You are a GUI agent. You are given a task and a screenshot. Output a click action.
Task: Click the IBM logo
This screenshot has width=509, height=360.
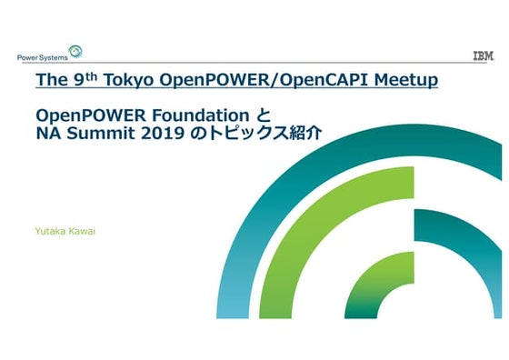484,55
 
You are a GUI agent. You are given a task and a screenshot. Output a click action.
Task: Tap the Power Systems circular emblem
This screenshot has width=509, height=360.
75,52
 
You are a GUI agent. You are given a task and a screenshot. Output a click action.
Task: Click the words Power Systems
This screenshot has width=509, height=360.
43,58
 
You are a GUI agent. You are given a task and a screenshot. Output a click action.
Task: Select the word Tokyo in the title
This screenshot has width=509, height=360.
128,80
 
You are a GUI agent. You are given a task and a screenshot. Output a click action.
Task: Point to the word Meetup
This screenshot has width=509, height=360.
405,80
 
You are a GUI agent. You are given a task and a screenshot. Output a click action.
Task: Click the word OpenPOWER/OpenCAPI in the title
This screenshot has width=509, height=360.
264,80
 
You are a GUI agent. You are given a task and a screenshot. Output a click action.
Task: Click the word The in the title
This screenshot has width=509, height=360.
51,80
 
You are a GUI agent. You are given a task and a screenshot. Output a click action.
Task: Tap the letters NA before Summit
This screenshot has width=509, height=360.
48,133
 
